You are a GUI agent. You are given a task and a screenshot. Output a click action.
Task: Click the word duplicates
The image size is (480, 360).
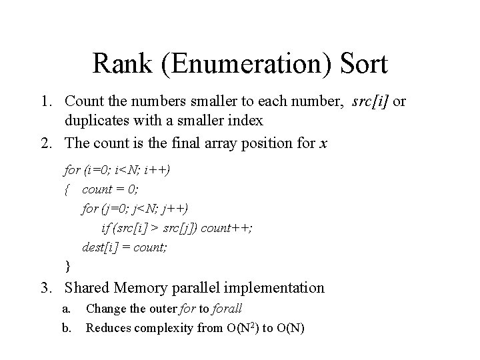point(99,121)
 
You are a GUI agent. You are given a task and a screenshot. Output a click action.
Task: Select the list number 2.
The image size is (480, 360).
point(45,142)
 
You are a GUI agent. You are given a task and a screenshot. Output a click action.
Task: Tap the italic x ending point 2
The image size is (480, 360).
point(323,142)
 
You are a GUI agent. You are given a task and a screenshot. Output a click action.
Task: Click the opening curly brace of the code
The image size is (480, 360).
point(67,190)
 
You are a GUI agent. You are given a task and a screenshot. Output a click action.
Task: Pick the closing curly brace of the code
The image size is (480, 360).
point(67,267)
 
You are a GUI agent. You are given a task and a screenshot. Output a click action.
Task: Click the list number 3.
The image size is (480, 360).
point(45,288)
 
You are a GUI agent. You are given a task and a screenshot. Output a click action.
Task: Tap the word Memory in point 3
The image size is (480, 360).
point(143,288)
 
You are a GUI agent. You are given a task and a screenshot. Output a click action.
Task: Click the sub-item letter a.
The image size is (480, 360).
point(66,309)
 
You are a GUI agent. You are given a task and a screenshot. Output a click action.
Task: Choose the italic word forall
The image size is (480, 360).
point(224,309)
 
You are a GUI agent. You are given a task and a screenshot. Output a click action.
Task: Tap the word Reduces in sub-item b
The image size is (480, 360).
point(108,327)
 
